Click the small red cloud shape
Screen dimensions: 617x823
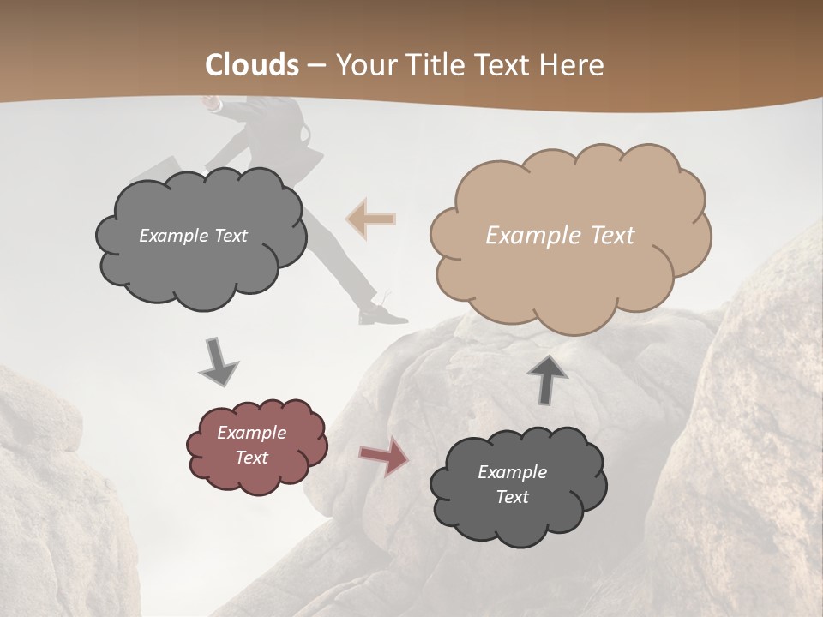coord(256,445)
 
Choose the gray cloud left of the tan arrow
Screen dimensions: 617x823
coord(201,237)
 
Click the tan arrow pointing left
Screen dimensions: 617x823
coord(371,219)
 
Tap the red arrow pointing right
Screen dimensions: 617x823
coord(384,457)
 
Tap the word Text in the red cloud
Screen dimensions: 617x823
coord(252,458)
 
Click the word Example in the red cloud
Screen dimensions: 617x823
coord(252,433)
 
